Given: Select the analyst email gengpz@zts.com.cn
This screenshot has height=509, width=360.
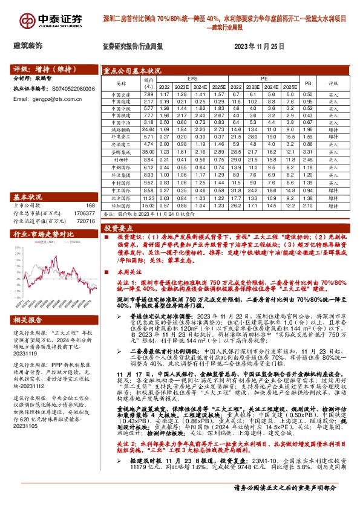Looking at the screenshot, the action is (x=50, y=99).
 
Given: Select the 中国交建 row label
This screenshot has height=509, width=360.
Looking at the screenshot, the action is (x=119, y=95).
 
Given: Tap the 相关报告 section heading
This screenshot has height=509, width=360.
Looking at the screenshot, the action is (x=30, y=319).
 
